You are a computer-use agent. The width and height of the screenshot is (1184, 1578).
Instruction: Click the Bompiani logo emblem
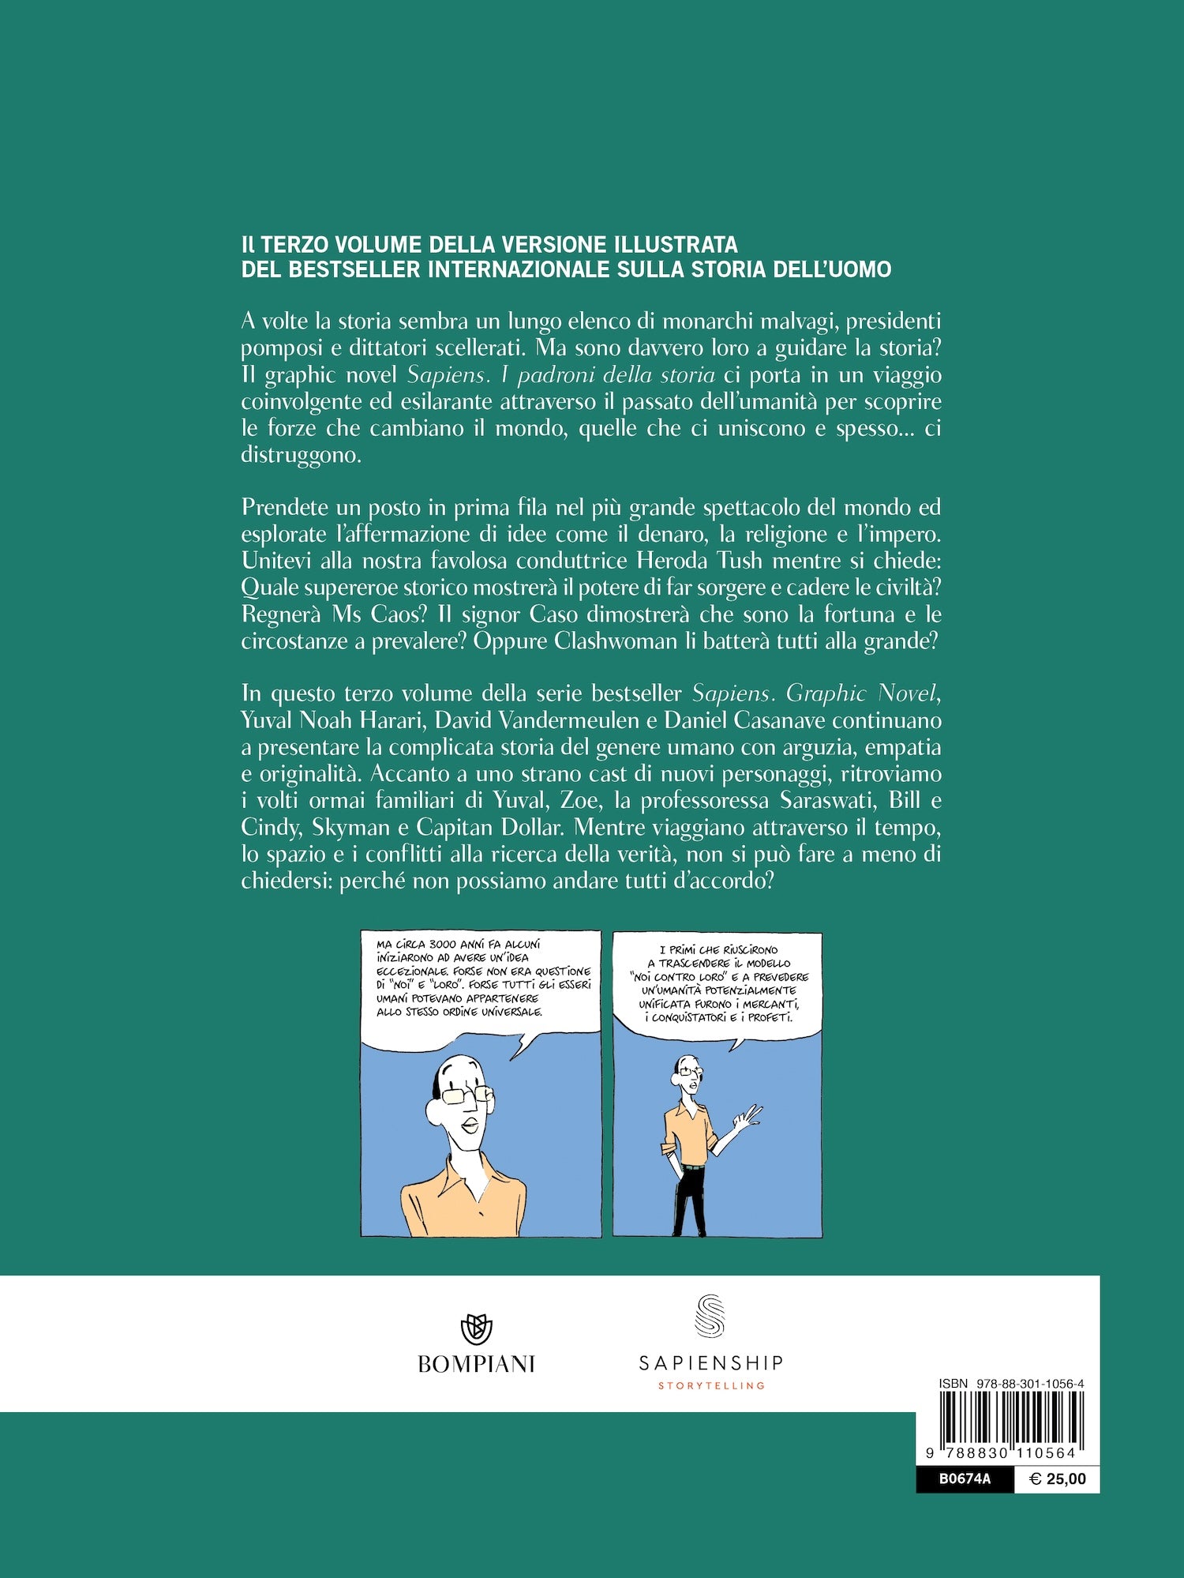pyautogui.click(x=476, y=1329)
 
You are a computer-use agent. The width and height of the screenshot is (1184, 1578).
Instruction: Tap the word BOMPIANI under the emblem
pyautogui.click(x=476, y=1364)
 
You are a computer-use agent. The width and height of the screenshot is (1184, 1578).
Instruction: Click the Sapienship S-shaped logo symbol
pyautogui.click(x=710, y=1317)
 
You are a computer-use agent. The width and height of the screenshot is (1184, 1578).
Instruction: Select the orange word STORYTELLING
pyautogui.click(x=711, y=1385)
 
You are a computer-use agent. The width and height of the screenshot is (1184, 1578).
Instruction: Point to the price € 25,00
pyautogui.click(x=1058, y=1479)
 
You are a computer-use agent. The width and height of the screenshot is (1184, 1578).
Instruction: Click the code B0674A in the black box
pyautogui.click(x=965, y=1479)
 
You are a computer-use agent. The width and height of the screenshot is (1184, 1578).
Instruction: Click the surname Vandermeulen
pyautogui.click(x=576, y=720)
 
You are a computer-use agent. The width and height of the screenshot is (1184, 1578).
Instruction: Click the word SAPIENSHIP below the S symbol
pyautogui.click(x=711, y=1362)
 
